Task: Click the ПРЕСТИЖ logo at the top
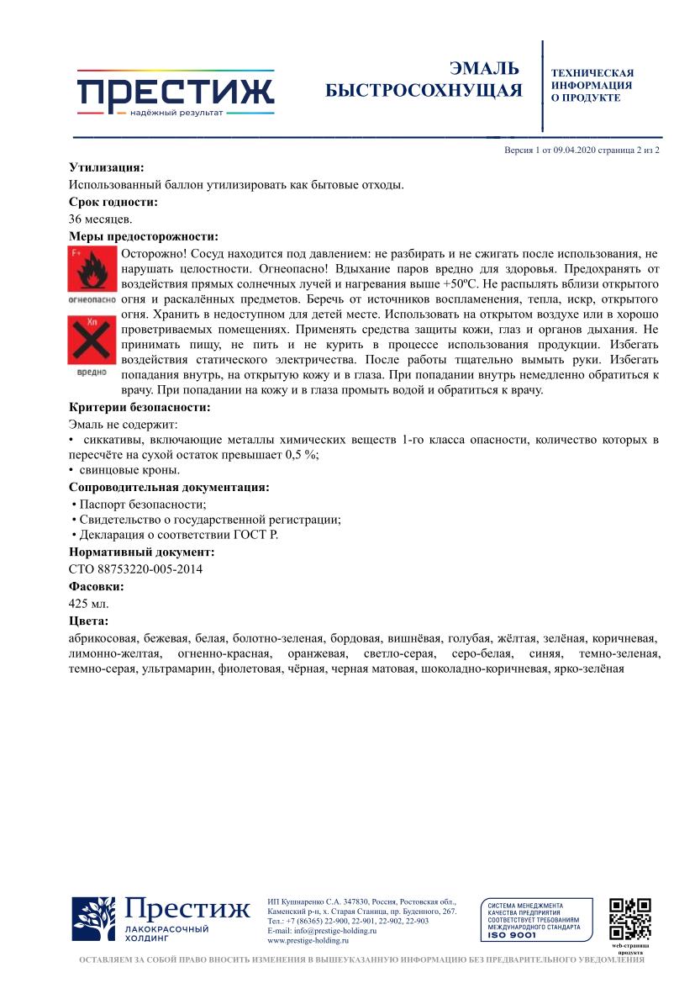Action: coord(176,92)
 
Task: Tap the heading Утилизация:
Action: coord(106,167)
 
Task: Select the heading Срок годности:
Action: coord(113,202)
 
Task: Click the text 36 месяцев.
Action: coord(100,219)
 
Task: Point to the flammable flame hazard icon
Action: coord(92,271)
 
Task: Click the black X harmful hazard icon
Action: coord(92,340)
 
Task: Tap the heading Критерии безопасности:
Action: coord(140,408)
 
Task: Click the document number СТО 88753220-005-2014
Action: coord(135,569)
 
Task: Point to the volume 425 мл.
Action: coord(88,604)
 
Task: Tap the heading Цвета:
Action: coord(88,621)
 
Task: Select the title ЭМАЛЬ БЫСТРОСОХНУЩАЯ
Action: coord(424,79)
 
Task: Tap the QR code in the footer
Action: coord(630,919)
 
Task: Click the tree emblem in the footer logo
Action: coord(93,919)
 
